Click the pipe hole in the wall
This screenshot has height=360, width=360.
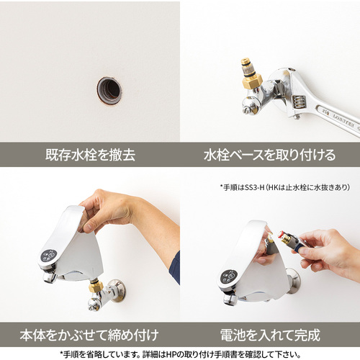109,91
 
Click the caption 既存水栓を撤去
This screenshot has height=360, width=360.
90,155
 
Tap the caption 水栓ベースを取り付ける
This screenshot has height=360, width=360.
270,155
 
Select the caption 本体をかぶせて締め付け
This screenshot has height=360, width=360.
89,335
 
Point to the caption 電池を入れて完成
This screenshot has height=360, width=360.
270,335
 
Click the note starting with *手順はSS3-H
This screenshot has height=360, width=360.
284,187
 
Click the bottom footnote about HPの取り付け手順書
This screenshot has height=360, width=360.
180,354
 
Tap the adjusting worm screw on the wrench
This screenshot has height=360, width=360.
299,103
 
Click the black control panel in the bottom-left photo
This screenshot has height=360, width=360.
49,256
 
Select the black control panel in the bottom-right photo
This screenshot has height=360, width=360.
229,277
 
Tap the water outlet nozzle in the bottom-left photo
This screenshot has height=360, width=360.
50,277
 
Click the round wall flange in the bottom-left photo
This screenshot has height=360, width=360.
117,290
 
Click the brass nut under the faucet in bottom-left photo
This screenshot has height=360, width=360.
96,287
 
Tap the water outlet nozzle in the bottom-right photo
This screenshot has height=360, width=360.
230,299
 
